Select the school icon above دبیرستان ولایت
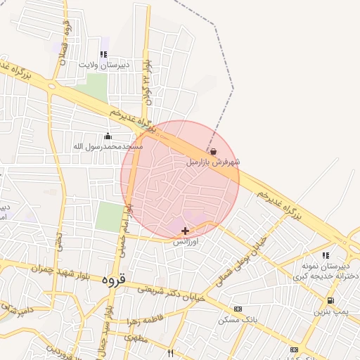[103, 53]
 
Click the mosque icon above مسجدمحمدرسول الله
[108, 136]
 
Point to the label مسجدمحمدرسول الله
[108, 147]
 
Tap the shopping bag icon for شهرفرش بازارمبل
[213, 151]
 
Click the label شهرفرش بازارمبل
[212, 162]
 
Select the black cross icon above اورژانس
[185, 231]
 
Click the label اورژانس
[187, 241]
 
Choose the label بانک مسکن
[239, 320]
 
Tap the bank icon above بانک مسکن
[238, 309]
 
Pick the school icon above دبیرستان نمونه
[325, 255]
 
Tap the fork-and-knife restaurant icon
[170, 352]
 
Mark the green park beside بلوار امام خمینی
[108, 217]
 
